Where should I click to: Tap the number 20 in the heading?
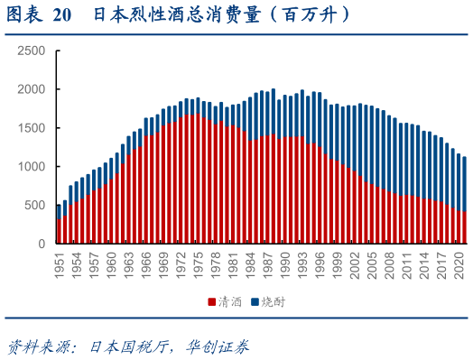pos(61,15)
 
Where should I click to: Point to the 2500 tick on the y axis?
pos(31,51)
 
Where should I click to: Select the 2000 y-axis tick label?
pos(31,89)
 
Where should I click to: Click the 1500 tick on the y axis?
pos(31,128)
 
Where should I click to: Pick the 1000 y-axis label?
pos(31,167)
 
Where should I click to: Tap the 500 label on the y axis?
pos(34,206)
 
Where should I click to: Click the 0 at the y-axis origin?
pos(42,245)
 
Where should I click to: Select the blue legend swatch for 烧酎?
pos(255,301)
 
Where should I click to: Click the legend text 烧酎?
pos(273,301)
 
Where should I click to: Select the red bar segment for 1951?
pos(60,231)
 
